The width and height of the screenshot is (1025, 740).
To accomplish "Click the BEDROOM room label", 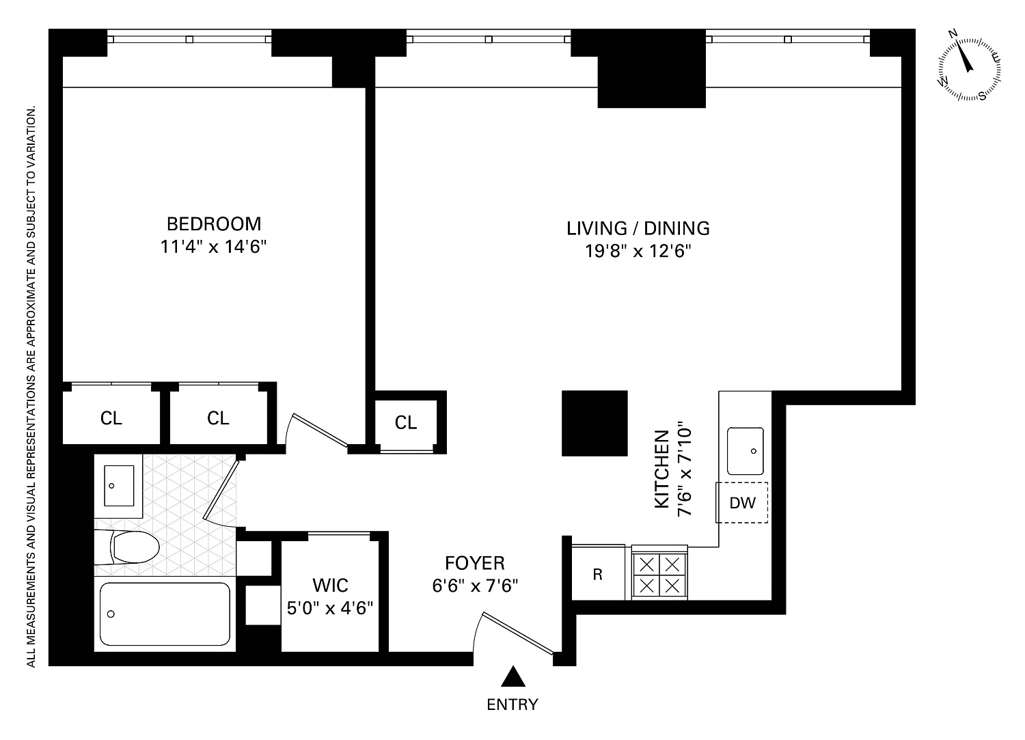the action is (214, 224).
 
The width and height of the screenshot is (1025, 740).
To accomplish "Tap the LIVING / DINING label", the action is (638, 228).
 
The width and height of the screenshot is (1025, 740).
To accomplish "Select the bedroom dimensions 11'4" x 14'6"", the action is (213, 247).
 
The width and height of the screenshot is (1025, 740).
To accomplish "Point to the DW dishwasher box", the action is (742, 502).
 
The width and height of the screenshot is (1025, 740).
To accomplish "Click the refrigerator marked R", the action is (598, 573).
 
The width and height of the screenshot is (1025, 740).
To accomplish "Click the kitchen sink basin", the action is (746, 451).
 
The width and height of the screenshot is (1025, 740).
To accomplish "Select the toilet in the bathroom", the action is (126, 547).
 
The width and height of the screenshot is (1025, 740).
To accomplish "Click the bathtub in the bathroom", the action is (165, 614).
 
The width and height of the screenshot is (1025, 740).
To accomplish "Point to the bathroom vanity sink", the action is (119, 486).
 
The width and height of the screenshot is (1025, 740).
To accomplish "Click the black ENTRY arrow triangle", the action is (513, 676).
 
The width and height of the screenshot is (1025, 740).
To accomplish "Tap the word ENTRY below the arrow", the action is (512, 704).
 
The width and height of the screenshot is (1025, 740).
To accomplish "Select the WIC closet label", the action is (330, 586).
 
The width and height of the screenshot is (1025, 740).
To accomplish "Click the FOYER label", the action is (474, 563).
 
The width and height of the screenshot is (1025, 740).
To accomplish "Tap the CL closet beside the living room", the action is (406, 422).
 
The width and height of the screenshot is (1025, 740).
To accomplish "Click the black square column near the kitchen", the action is (594, 424).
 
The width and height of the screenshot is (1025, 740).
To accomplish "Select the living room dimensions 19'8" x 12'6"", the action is (638, 251).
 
